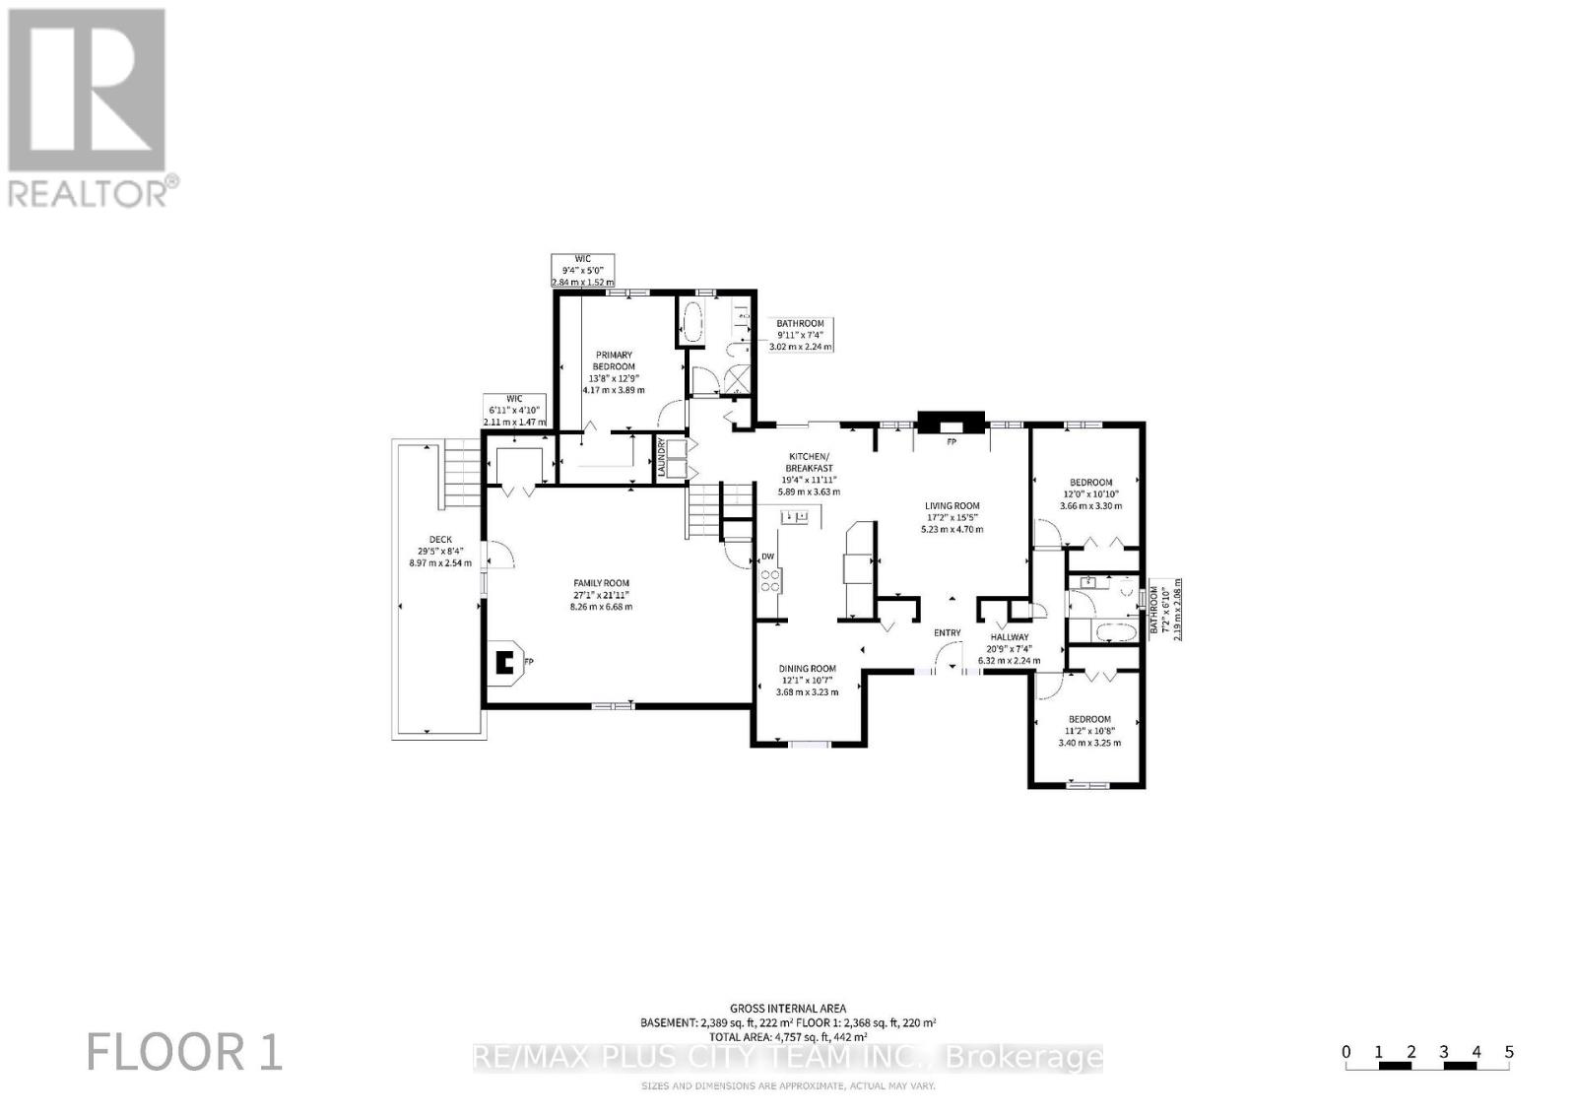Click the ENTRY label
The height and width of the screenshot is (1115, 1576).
pyautogui.click(x=947, y=632)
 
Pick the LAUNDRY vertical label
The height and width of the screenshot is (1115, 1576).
pyautogui.click(x=662, y=459)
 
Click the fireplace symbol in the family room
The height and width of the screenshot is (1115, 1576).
pyautogui.click(x=506, y=661)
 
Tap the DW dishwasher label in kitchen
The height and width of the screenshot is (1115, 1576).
pyautogui.click(x=768, y=557)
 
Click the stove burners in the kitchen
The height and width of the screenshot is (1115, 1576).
pyautogui.click(x=769, y=581)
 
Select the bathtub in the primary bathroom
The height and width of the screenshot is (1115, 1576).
pyautogui.click(x=691, y=321)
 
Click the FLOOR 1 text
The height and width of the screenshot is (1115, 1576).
pyautogui.click(x=185, y=1052)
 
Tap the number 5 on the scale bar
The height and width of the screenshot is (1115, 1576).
pyautogui.click(x=1508, y=1052)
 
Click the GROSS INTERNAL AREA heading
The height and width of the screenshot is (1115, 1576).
pyautogui.click(x=787, y=1008)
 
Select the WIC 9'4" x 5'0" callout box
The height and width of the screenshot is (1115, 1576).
pyautogui.click(x=581, y=270)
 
